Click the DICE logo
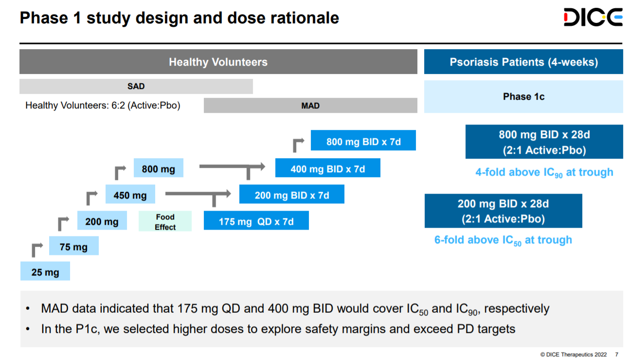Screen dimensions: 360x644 click(593, 18)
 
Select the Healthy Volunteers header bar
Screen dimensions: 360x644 click(218, 62)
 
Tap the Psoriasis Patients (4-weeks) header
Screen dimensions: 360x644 click(523, 62)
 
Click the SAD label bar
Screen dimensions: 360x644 click(136, 86)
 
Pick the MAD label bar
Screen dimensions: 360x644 click(310, 106)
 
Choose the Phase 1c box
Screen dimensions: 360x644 click(523, 96)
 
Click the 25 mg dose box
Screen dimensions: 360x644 click(45, 272)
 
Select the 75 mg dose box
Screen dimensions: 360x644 click(73, 247)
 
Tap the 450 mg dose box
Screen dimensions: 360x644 click(130, 195)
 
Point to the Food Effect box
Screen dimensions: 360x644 click(165, 222)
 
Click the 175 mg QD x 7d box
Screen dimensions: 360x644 click(256, 221)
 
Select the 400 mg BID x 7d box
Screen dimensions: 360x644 click(327, 169)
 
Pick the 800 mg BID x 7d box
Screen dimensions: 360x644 click(363, 142)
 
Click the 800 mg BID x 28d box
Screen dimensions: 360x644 click(544, 142)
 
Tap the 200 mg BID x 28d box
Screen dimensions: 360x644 click(503, 211)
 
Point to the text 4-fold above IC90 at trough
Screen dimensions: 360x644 click(544, 173)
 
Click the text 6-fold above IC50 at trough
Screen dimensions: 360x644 click(503, 240)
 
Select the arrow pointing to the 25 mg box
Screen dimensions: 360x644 click(36, 249)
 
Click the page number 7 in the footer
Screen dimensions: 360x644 click(617, 354)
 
